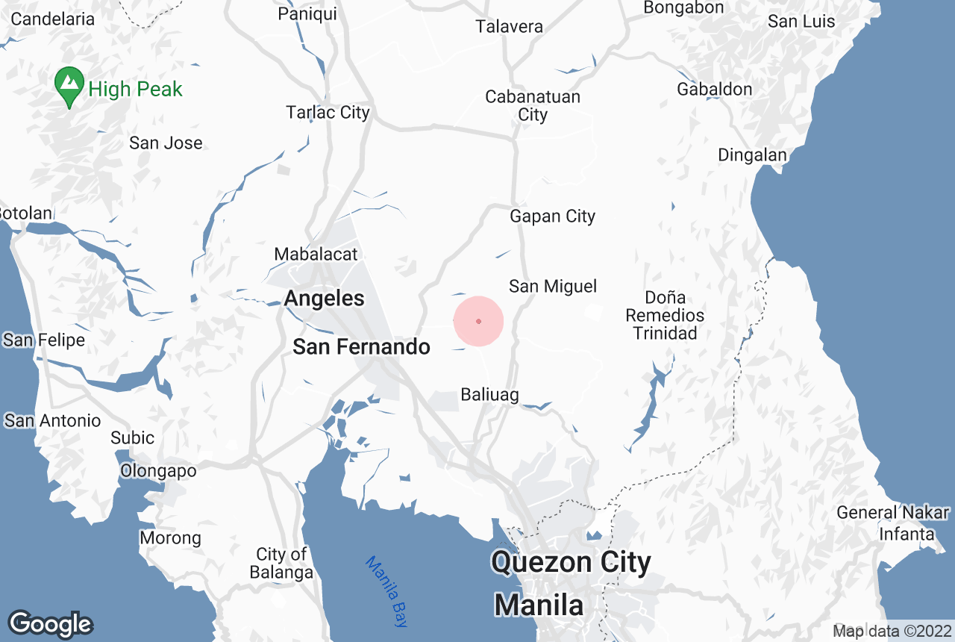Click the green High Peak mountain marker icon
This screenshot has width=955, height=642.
69,87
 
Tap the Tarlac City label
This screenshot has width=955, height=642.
328,113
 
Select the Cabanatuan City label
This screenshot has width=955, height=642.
532,105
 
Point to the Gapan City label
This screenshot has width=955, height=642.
552,216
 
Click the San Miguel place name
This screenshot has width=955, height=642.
553,286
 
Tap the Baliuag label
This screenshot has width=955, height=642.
489,395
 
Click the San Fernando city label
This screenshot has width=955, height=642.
361,346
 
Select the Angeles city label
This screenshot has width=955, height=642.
325,299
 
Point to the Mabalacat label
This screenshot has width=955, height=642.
316,254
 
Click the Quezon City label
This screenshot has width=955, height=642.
571,562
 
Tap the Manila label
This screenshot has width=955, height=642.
539,604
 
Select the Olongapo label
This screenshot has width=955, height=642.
159,471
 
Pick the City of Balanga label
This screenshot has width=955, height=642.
281,564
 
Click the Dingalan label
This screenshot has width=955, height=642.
752,155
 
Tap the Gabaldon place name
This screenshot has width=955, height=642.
714,90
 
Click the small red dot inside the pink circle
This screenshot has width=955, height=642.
478,321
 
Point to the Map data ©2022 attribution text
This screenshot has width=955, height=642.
892,632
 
